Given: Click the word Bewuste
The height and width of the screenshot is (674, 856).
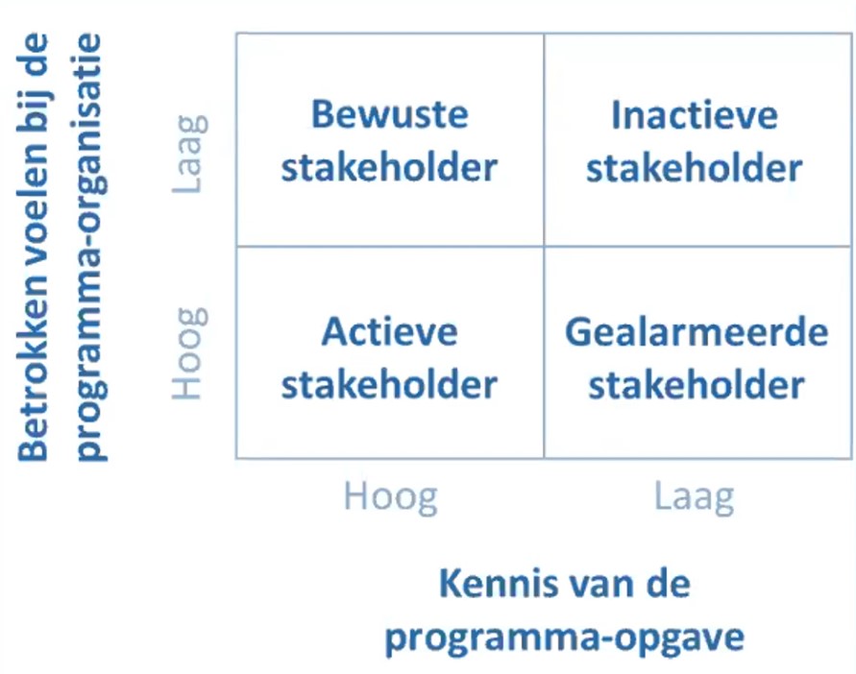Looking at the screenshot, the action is tap(389, 114).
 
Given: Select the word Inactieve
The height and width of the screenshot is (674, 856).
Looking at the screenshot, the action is tap(695, 115).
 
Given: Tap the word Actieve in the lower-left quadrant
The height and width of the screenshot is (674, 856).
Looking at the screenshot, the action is tap(389, 331).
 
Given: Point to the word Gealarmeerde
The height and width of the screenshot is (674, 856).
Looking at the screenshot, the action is tap(697, 332).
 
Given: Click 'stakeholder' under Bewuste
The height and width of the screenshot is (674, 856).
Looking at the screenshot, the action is tap(389, 166).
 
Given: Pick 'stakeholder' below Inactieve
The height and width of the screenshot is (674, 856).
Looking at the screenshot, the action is tap(695, 167).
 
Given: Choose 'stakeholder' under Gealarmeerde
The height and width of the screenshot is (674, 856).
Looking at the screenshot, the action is tap(697, 385).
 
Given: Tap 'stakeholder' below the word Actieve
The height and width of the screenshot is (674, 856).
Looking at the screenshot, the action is tap(389, 384).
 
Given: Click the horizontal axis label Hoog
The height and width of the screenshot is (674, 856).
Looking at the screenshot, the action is tap(390, 497).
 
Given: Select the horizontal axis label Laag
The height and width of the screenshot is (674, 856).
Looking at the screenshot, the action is tap(694, 497).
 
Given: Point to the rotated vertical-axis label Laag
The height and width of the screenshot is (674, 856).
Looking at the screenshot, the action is tap(189, 155).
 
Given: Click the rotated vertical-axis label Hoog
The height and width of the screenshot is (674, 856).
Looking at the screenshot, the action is tap(189, 353).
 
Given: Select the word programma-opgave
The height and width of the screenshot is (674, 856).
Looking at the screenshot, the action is tap(565, 637).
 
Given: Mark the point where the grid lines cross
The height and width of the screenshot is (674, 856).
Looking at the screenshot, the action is tap(544, 246).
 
